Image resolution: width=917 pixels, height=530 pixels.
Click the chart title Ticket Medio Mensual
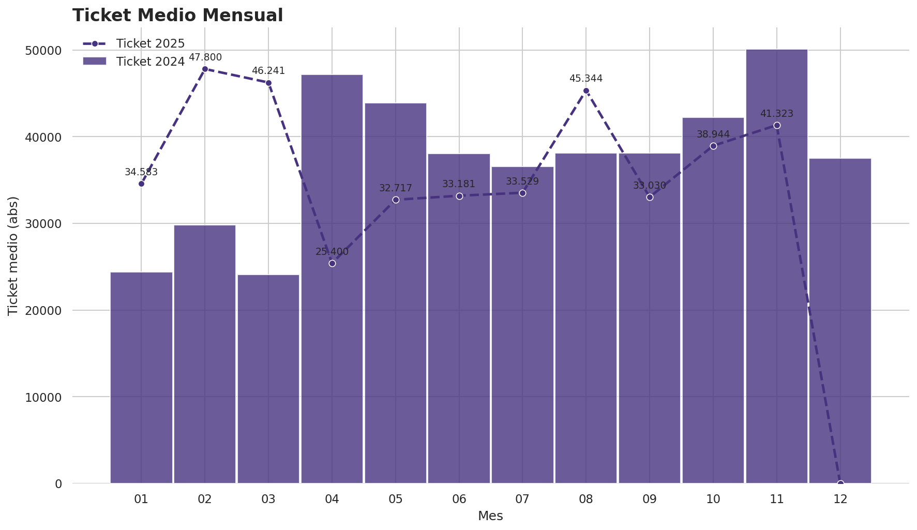point(177,16)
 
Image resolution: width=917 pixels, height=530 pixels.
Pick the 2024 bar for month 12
point(840,321)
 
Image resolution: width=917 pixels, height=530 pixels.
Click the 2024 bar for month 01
point(141,377)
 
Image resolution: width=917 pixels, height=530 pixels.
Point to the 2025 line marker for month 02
point(205,69)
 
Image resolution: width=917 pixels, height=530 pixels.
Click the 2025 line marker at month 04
point(332,263)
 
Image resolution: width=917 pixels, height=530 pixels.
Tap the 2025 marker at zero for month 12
point(840,483)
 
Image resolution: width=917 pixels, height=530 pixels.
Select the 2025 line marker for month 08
point(586,90)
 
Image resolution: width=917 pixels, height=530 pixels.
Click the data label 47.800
point(205,57)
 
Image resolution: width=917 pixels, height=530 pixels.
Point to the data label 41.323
point(776,114)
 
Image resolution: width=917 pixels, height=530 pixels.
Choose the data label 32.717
point(396,188)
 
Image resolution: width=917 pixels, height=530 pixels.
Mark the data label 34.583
point(141,172)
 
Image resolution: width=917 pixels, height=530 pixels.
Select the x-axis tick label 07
point(522,499)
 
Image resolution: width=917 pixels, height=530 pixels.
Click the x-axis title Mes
point(490,516)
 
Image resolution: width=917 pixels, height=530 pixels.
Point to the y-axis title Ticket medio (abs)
point(13,255)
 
